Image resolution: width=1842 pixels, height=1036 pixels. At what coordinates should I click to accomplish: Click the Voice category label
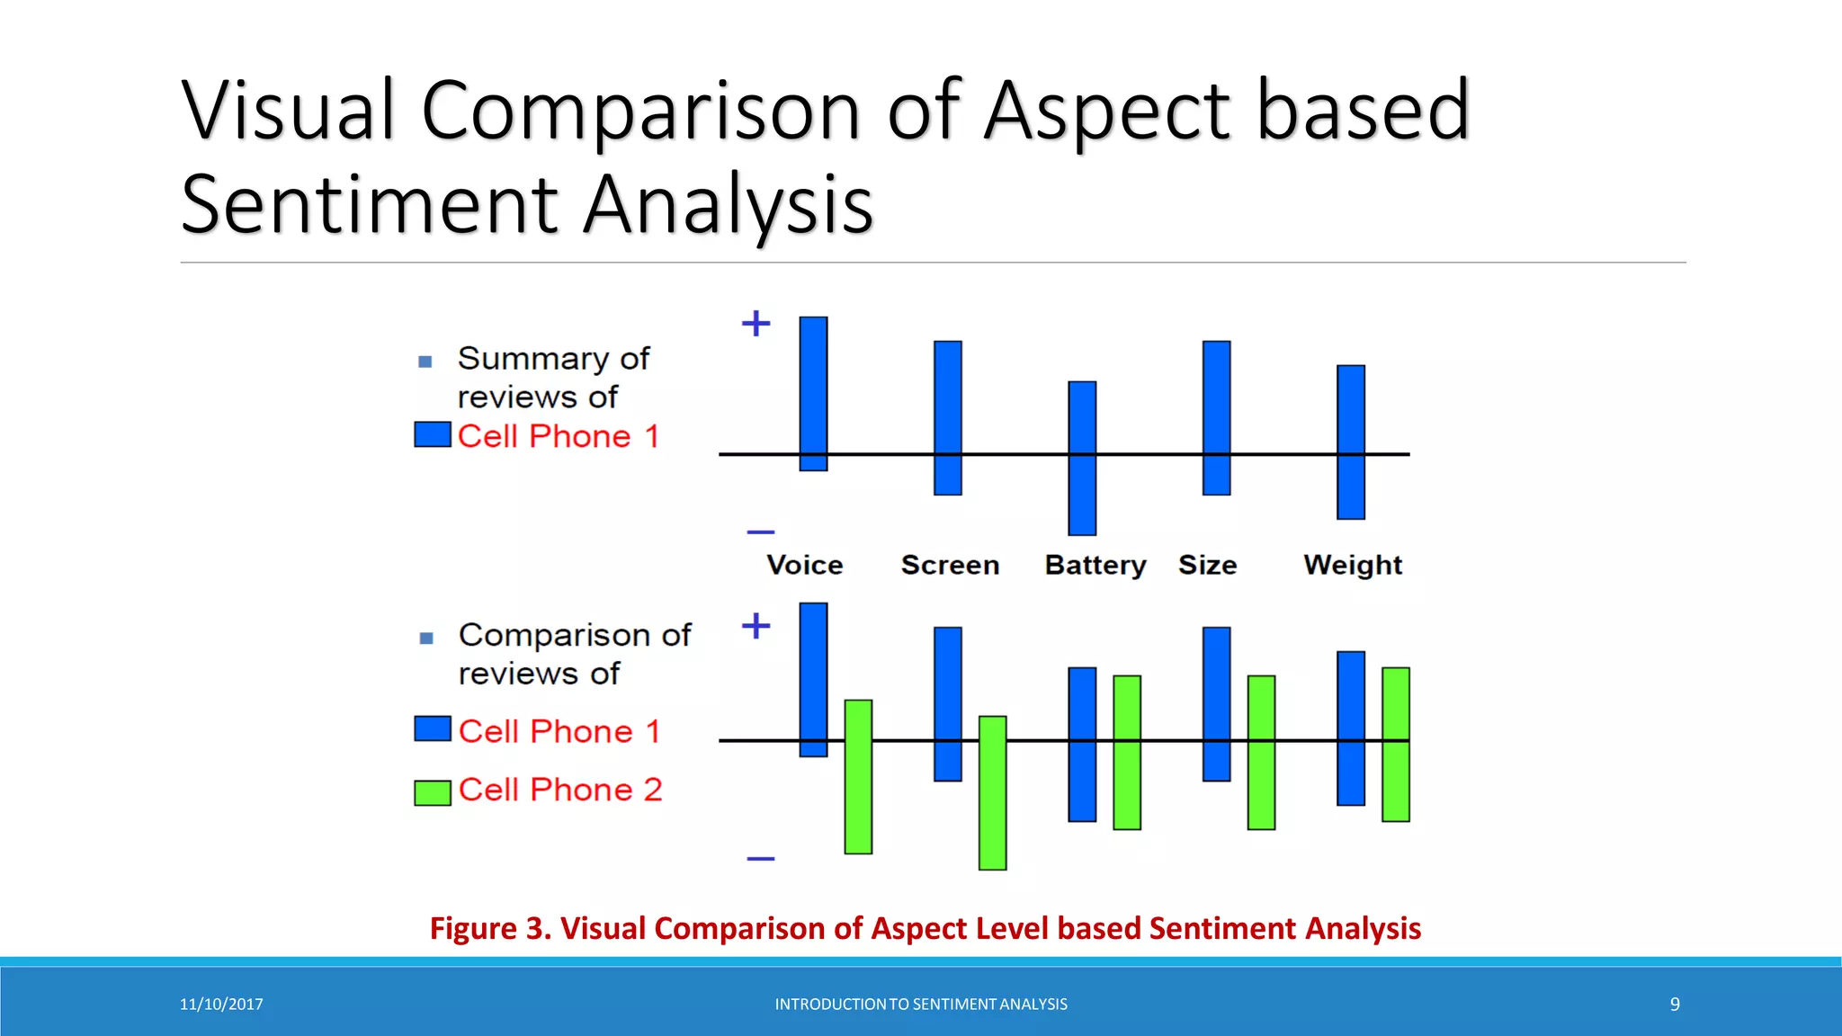pos(804,565)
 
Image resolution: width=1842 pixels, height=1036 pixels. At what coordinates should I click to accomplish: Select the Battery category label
pos(1095,566)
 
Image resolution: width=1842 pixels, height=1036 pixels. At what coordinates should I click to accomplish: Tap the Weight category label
pos(1352,565)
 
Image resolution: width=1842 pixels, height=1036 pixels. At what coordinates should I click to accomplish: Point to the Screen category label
pos(950,565)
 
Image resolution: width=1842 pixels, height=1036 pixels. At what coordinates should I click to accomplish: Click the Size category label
pos(1207,565)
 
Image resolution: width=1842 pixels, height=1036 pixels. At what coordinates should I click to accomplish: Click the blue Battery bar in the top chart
pos(1082,458)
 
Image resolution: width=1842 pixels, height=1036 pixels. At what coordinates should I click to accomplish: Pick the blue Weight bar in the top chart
pos(1350,442)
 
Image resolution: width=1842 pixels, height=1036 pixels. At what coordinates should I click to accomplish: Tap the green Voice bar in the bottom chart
pos(858,776)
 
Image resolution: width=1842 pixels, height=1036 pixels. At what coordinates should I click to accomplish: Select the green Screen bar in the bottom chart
pos(992,792)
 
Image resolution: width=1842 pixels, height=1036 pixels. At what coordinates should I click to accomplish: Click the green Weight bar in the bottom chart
pos(1395,744)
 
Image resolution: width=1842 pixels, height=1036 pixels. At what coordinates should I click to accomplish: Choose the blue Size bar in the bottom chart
pos(1216,703)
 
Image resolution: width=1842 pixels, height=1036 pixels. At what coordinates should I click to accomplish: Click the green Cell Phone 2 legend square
pos(432,792)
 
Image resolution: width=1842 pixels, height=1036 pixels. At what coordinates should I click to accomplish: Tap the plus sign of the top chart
pos(756,323)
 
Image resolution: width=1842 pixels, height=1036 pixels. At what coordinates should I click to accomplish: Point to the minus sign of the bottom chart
pos(760,858)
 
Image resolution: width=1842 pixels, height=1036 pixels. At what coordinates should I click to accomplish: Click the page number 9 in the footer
pos(1674,1004)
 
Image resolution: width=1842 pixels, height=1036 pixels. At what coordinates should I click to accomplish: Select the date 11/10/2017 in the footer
pos(221,1004)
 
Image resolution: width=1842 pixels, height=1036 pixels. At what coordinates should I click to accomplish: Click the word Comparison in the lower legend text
pos(555,635)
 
